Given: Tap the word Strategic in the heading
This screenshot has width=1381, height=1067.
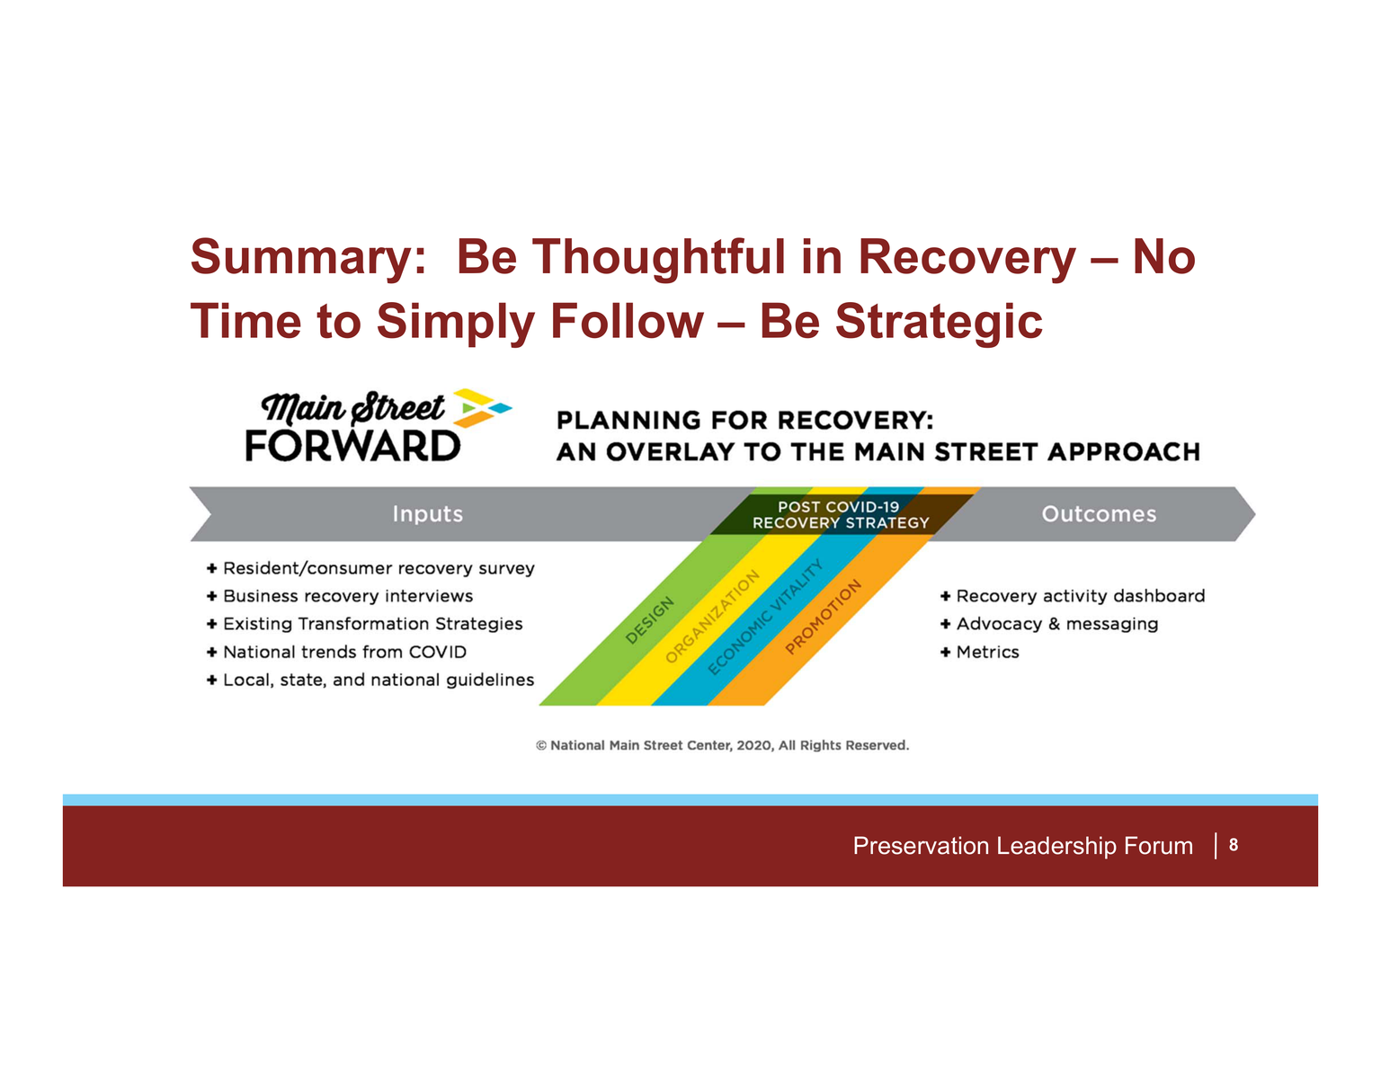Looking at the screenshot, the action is [x=939, y=322].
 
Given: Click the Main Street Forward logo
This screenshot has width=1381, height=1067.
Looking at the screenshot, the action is [x=379, y=424].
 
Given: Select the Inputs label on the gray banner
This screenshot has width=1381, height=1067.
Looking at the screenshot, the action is [x=427, y=513].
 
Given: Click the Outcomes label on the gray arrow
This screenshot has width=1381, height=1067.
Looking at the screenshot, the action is [x=1098, y=513].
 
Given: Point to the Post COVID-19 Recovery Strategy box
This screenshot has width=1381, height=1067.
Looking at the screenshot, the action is [x=840, y=514].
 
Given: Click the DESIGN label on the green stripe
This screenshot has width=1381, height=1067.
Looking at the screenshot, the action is [x=649, y=620].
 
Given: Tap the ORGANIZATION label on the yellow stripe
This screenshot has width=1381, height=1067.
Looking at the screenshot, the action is [x=712, y=616].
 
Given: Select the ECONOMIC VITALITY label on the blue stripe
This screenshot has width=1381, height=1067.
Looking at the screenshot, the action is [x=765, y=616].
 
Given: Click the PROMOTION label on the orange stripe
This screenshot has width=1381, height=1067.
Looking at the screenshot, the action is [x=823, y=616].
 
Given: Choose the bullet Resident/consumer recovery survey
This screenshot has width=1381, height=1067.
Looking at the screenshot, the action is [x=370, y=568].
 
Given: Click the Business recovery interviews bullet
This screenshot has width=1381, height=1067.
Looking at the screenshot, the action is [x=339, y=596].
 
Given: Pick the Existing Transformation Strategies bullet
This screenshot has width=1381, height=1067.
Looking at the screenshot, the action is [x=364, y=624].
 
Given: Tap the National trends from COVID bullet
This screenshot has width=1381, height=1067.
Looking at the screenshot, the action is [x=336, y=652].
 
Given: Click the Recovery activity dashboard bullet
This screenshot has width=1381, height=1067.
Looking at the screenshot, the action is [x=1072, y=596].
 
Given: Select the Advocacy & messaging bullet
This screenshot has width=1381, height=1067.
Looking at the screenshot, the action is [x=1048, y=624].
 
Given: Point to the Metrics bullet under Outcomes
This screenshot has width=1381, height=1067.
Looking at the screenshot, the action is [x=979, y=652].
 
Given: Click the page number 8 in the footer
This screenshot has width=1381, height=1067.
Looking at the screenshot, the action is [x=1233, y=845].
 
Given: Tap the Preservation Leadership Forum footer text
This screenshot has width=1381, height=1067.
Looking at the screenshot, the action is [x=1022, y=846].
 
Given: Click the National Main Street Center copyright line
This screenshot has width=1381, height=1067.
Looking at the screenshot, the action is [x=722, y=745].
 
